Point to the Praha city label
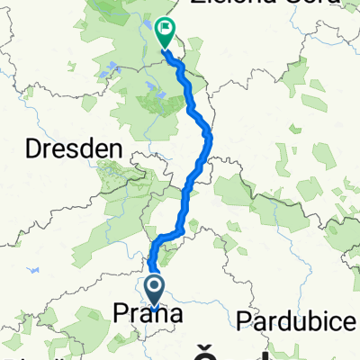(148, 314)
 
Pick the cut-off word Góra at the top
(288, 4)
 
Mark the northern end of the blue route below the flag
(166, 52)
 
